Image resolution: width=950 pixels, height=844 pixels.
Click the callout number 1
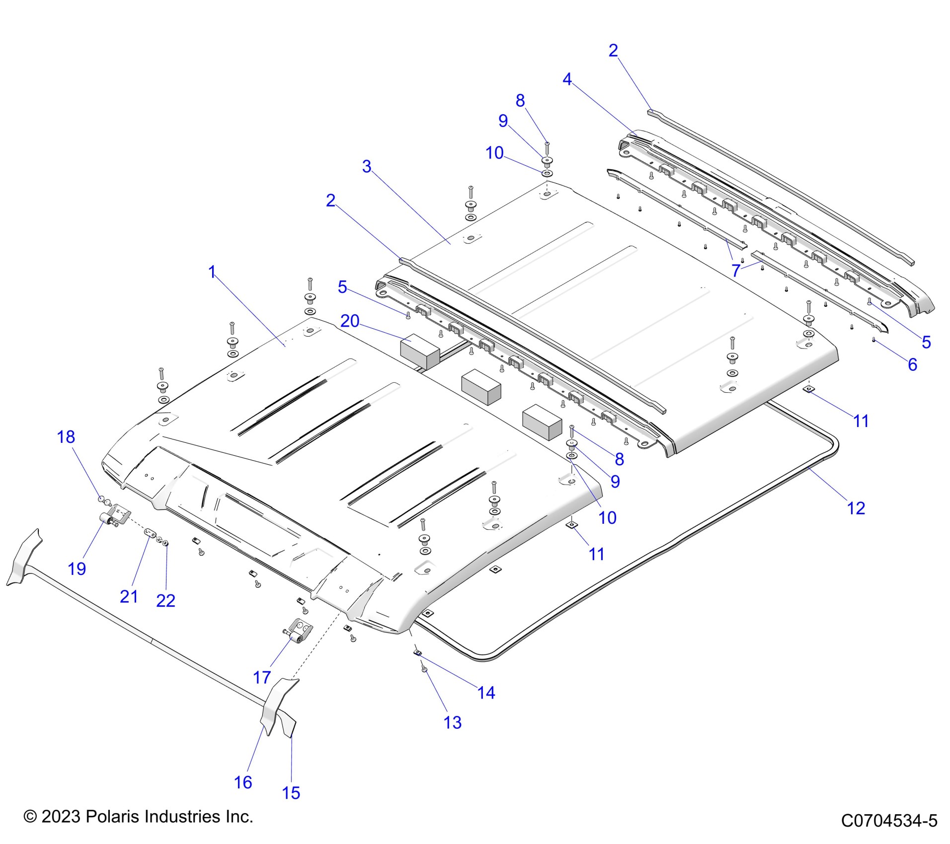point(212,272)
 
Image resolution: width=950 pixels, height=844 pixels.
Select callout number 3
point(367,166)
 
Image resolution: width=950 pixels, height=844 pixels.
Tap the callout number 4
point(567,79)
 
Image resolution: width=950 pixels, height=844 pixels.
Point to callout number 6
point(912,364)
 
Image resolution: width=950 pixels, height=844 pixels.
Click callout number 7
point(736,271)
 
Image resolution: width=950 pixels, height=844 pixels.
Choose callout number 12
point(856,508)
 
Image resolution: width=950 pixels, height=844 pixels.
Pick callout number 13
point(453,722)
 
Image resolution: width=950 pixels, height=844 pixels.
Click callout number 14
point(486,693)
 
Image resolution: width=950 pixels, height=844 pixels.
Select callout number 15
point(291,793)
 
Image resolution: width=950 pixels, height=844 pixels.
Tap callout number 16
point(243,782)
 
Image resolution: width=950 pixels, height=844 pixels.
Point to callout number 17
point(262,677)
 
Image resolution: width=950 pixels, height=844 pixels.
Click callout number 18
point(66,437)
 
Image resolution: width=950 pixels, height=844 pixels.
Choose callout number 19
point(77,568)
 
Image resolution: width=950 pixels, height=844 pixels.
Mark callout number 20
point(349,321)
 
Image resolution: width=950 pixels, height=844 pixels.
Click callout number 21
point(129,596)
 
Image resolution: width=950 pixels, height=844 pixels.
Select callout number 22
point(165,601)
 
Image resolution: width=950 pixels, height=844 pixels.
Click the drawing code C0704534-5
point(889,821)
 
